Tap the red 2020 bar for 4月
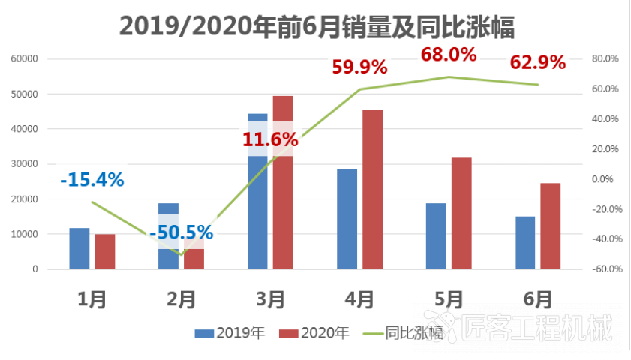372,189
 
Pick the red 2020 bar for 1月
105,251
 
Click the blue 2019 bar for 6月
525,242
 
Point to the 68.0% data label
449,55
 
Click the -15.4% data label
92,180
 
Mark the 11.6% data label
270,139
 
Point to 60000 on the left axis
26,58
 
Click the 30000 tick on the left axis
26,164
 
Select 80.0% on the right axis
605,58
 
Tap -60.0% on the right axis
603,269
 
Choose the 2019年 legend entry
230,333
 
